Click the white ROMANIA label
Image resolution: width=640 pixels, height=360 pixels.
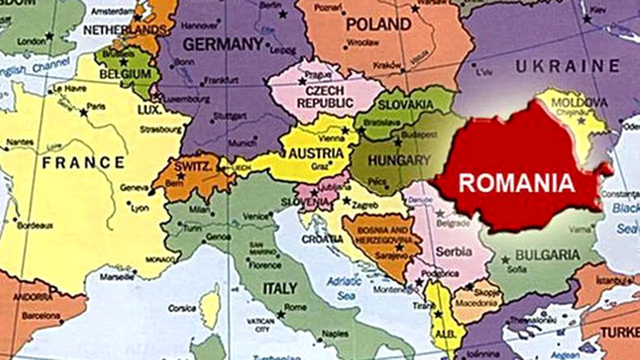click(x=516, y=183)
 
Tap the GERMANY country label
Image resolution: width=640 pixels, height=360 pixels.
click(x=223, y=44)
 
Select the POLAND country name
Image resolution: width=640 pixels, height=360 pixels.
click(x=378, y=24)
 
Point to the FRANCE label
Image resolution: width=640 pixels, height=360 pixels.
click(x=83, y=162)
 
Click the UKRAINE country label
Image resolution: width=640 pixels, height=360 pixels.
click(x=567, y=65)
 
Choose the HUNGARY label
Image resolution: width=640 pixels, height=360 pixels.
click(x=399, y=160)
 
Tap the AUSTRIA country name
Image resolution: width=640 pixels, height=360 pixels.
click(x=316, y=153)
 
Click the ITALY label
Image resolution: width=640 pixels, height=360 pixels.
click(x=280, y=288)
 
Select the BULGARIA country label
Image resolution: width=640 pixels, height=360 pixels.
click(x=547, y=255)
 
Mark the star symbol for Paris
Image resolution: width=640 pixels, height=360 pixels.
click(x=83, y=112)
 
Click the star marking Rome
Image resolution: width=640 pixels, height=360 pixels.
click(x=281, y=314)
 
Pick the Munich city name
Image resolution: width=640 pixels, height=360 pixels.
click(x=242, y=143)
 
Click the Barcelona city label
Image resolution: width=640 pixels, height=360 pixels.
click(x=41, y=316)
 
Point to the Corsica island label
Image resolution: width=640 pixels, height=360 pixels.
click(x=181, y=308)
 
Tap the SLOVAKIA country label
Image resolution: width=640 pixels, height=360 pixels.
click(x=405, y=105)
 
